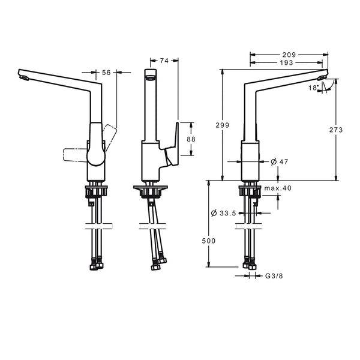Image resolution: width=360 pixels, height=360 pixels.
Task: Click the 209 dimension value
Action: tap(289, 55)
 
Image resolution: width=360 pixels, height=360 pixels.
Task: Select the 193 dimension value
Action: tap(287, 62)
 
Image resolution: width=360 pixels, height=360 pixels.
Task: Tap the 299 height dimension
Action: tap(223, 125)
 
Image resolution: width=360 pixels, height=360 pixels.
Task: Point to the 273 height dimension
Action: tap(336, 130)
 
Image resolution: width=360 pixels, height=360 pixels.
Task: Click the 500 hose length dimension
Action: tap(209, 241)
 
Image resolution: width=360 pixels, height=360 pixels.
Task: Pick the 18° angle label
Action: tap(314, 88)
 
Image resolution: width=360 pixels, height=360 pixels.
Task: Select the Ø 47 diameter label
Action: tap(280, 162)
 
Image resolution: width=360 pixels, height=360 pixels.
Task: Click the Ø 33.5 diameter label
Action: tap(223, 213)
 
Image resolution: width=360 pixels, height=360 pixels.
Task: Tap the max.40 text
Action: tap(278, 188)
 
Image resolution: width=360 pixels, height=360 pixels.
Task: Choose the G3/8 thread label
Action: tap(274, 276)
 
